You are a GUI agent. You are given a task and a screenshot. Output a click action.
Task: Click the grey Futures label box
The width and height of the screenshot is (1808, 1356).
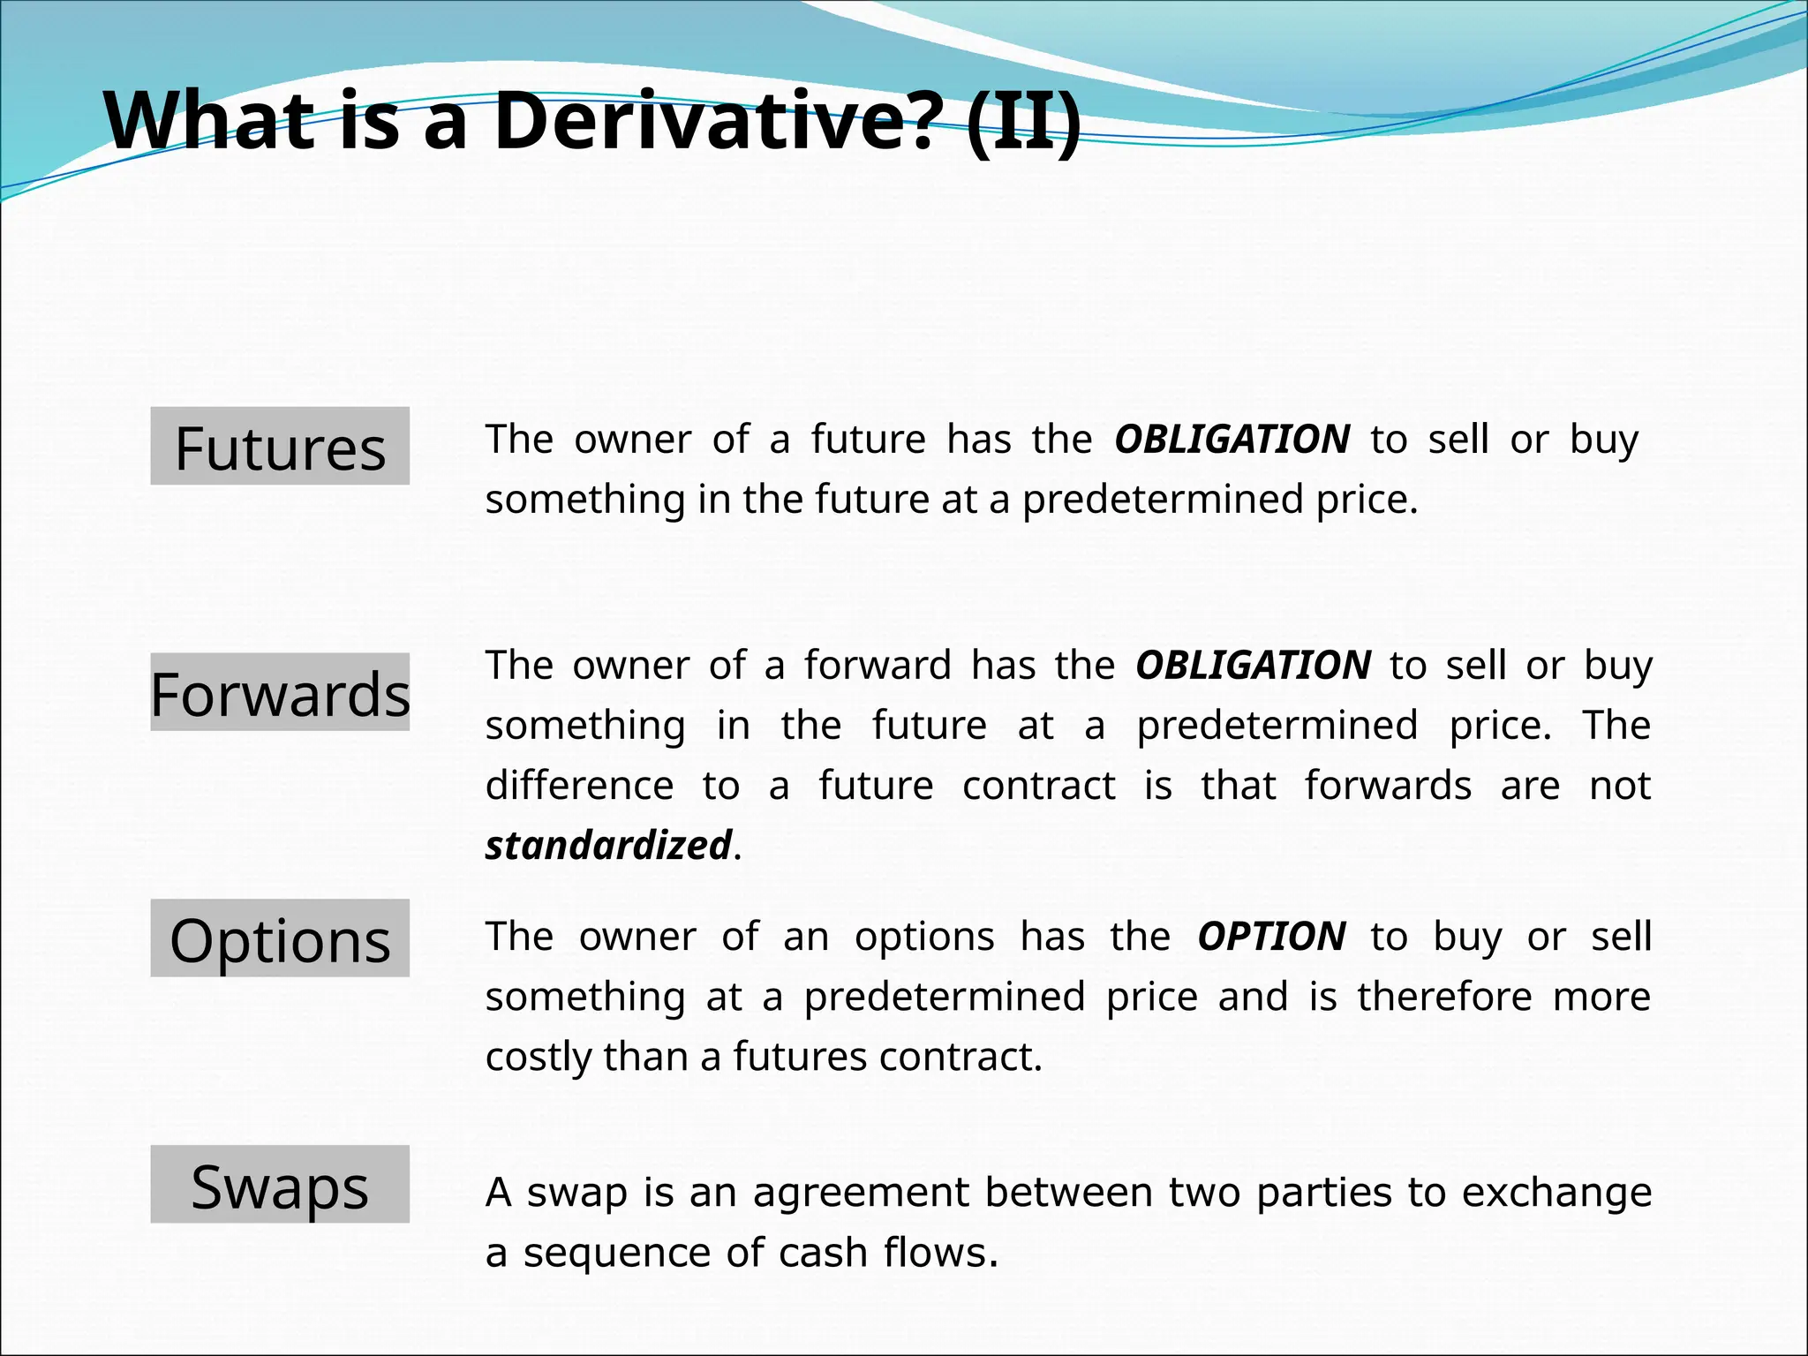pyautogui.click(x=280, y=447)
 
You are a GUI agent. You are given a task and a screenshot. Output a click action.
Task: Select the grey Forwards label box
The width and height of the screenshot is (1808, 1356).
pyautogui.click(x=280, y=692)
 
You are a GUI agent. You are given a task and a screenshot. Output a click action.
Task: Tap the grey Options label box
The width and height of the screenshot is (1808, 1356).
pyautogui.click(x=280, y=938)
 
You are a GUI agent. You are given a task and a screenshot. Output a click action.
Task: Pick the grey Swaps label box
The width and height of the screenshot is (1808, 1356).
pyautogui.click(x=280, y=1185)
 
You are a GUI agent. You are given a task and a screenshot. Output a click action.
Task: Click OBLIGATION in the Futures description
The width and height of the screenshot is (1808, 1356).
pyautogui.click(x=1232, y=440)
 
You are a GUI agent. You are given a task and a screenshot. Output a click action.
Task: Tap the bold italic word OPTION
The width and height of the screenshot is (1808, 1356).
pyautogui.click(x=1271, y=937)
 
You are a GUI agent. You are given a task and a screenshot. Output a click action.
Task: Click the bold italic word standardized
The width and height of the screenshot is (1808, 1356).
pyautogui.click(x=608, y=846)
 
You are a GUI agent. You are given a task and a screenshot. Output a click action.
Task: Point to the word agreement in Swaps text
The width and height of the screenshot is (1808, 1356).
pyautogui.click(x=861, y=1193)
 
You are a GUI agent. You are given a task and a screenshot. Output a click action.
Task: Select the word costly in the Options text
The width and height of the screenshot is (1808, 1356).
pyautogui.click(x=539, y=1058)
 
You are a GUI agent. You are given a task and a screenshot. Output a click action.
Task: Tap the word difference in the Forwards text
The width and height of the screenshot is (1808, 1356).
pyautogui.click(x=579, y=786)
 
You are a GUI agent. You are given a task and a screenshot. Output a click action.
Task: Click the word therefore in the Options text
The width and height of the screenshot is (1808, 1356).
pyautogui.click(x=1444, y=998)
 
